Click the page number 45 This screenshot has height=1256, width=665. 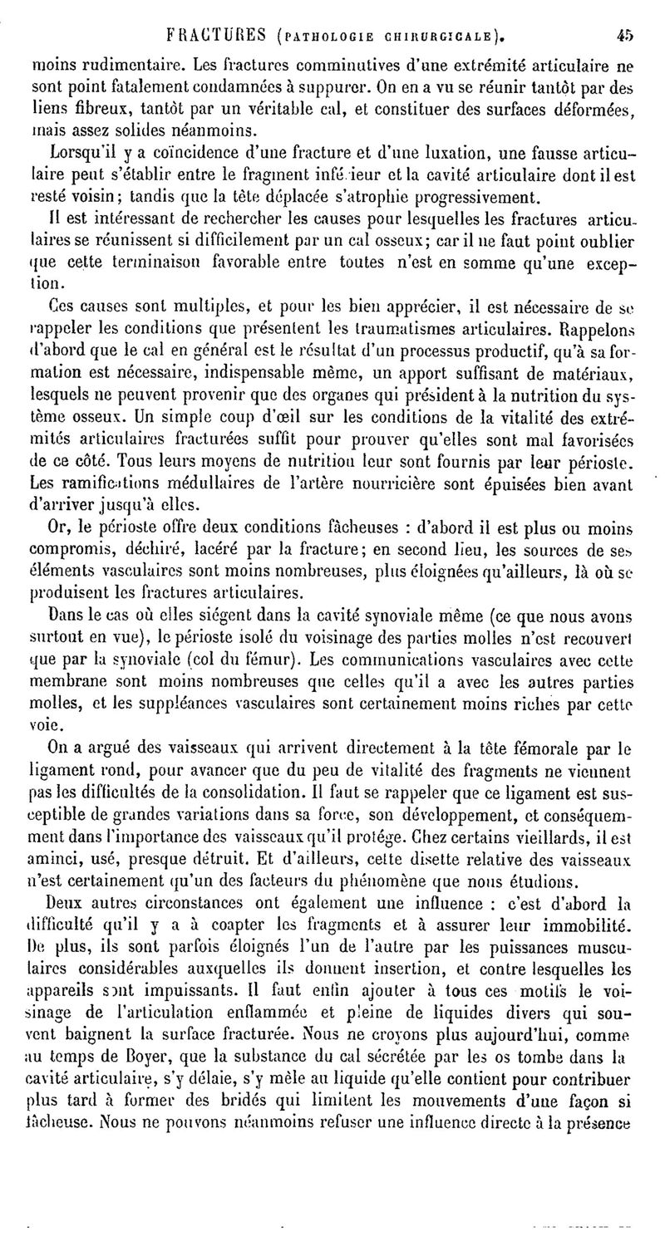(x=625, y=35)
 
